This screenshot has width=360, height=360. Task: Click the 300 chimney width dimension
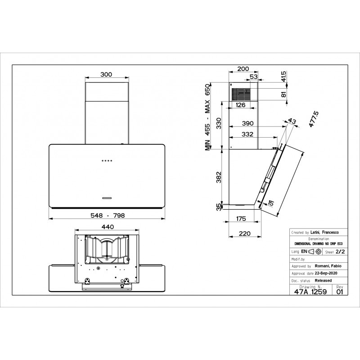click(106, 75)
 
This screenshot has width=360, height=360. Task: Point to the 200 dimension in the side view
click(243, 69)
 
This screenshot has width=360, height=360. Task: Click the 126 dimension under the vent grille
click(241, 105)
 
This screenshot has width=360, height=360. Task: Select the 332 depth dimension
click(247, 134)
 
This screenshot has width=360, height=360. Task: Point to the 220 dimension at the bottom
click(244, 234)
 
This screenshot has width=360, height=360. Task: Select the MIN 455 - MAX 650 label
click(208, 118)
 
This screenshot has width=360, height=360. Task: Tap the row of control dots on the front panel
click(107, 161)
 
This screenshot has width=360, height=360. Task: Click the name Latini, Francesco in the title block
click(326, 232)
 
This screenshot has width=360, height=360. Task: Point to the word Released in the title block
click(323, 280)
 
